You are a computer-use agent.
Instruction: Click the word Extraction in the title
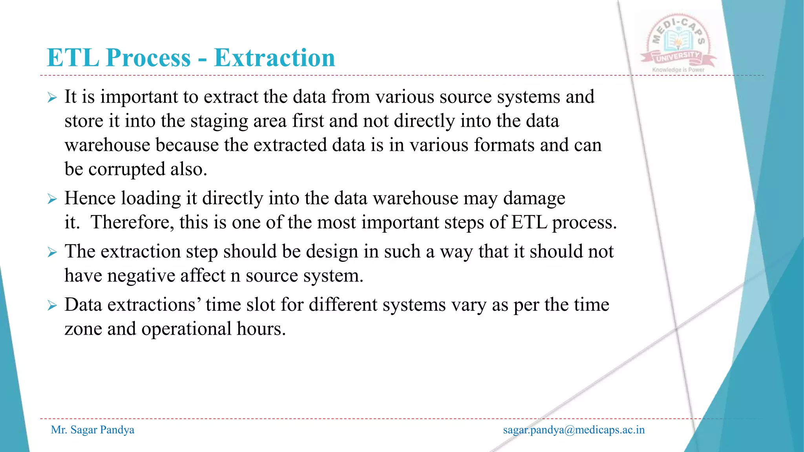pyautogui.click(x=274, y=58)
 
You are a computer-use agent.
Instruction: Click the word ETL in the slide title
pyautogui.click(x=73, y=58)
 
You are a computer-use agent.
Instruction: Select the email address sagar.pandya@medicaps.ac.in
pyautogui.click(x=574, y=430)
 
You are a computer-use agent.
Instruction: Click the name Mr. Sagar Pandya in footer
pyautogui.click(x=93, y=430)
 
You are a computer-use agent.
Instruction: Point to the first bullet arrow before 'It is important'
pyautogui.click(x=52, y=97)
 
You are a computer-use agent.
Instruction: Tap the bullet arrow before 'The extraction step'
pyautogui.click(x=52, y=252)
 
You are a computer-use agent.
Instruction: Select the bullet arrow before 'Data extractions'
pyautogui.click(x=52, y=305)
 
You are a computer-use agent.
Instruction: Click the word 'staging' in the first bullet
pyautogui.click(x=219, y=121)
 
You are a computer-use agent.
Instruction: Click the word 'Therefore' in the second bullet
pyautogui.click(x=132, y=222)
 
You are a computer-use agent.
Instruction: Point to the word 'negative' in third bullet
pyautogui.click(x=141, y=276)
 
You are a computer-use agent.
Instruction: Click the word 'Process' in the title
pyautogui.click(x=148, y=58)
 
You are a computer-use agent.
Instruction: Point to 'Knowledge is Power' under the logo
pyautogui.click(x=678, y=70)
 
